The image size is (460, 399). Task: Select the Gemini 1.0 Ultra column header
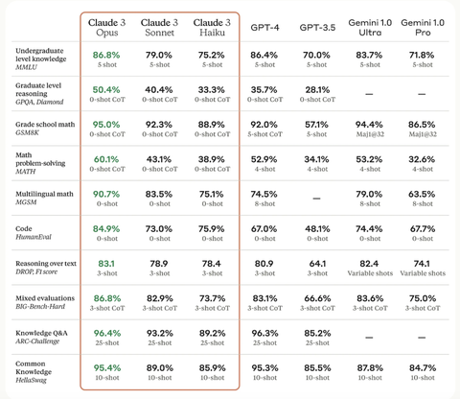click(368, 27)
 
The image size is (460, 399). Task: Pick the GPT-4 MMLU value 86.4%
click(264, 56)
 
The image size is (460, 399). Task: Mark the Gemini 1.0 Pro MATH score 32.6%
click(422, 160)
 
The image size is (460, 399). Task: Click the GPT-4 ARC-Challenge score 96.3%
click(264, 334)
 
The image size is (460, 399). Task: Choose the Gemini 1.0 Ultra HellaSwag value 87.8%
click(368, 367)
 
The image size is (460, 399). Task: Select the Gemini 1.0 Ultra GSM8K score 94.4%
click(368, 125)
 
